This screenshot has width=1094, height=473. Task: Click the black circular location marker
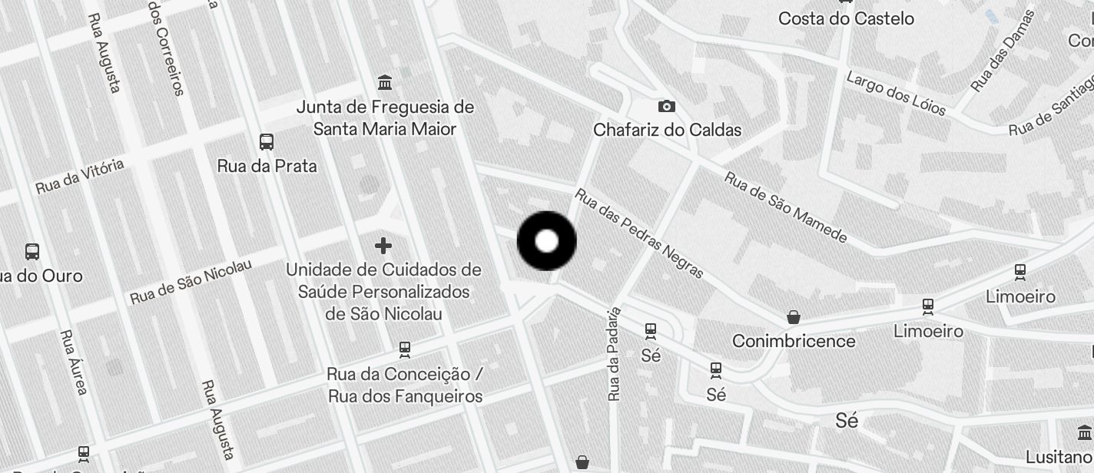click(546, 241)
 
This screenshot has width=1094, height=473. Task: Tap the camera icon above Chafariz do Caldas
click(666, 106)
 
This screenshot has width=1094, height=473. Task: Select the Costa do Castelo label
click(846, 18)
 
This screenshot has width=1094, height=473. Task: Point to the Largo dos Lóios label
click(896, 93)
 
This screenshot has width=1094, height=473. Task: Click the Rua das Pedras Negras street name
click(639, 233)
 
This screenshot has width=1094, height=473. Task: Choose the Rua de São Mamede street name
click(785, 207)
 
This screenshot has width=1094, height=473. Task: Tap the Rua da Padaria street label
click(613, 354)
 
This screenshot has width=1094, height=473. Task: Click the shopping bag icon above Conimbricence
click(793, 316)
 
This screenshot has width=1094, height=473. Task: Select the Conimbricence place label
click(794, 340)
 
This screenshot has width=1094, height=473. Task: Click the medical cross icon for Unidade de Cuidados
click(383, 246)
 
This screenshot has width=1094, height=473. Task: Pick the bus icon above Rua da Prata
click(267, 142)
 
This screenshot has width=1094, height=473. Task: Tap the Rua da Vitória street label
click(79, 177)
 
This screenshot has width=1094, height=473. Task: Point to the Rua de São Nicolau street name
click(191, 282)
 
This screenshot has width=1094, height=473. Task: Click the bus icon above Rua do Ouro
click(32, 251)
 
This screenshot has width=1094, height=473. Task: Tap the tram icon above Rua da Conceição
click(405, 350)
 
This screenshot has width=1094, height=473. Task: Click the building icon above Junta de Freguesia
click(385, 82)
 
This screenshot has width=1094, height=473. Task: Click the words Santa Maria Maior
click(385, 128)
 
